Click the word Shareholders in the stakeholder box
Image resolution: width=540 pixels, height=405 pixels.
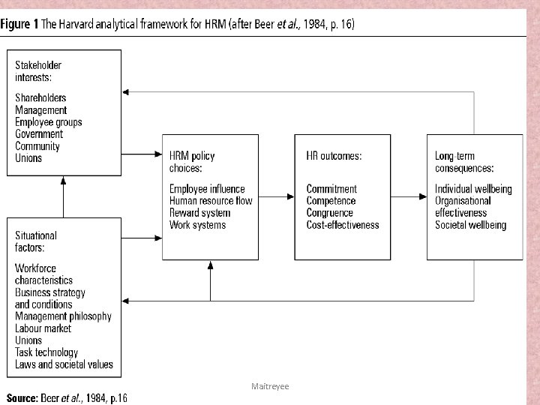(x=40, y=98)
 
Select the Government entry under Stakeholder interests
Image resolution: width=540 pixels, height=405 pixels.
(x=39, y=134)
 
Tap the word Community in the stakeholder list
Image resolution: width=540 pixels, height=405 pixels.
(x=37, y=146)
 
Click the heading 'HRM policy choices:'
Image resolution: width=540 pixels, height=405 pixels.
(x=192, y=162)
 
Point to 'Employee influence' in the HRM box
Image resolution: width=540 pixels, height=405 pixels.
(x=207, y=189)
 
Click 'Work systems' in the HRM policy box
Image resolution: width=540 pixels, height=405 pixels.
(x=197, y=225)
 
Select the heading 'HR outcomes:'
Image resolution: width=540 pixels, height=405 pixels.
(x=334, y=156)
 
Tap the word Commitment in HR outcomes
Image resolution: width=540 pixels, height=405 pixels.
(x=331, y=189)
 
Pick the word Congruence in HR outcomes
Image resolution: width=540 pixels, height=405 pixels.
(x=329, y=213)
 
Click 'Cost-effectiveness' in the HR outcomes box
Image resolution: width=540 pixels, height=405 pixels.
(x=343, y=225)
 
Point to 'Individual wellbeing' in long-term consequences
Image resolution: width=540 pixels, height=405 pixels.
(x=473, y=189)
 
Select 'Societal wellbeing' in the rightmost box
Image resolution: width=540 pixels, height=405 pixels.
(x=470, y=225)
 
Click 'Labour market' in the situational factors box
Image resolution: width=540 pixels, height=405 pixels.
(x=43, y=328)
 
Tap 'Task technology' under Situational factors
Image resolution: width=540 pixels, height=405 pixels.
(x=46, y=352)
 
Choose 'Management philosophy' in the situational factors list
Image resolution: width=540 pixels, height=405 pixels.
(x=63, y=316)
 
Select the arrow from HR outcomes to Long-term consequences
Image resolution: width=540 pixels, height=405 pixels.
(x=408, y=197)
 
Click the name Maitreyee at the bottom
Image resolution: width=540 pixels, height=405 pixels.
(x=270, y=385)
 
